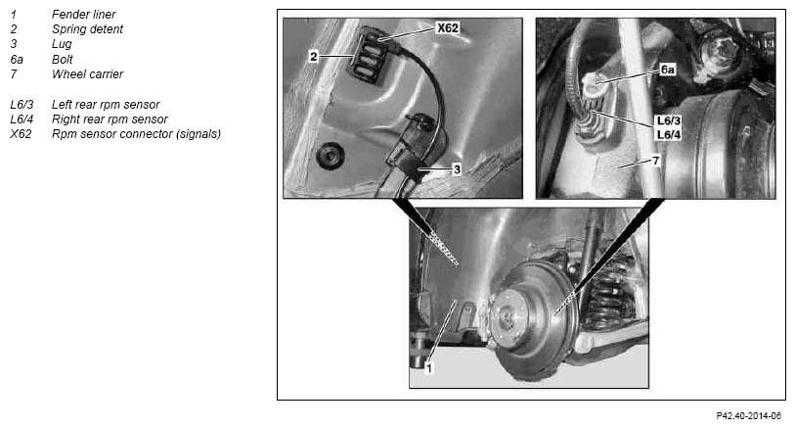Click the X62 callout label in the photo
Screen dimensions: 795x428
448,27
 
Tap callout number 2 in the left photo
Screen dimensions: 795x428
313,57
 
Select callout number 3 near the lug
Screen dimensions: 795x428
457,169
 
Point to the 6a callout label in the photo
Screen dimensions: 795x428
667,70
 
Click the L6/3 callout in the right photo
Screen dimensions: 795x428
668,120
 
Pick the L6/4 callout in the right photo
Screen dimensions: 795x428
668,134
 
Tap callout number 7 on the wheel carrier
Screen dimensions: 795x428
655,161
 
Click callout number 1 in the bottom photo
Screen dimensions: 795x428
428,368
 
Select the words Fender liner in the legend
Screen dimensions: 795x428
84,15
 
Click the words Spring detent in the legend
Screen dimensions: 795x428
87,29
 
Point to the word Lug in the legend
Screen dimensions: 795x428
62,44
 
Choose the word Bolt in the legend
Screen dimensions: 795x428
63,59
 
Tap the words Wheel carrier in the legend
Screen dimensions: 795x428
87,74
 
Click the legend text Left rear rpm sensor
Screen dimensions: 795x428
106,105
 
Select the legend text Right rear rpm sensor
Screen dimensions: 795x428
110,119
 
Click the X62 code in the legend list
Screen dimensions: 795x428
21,134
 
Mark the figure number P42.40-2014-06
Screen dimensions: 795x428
749,416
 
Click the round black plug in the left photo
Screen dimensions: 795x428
331,155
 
